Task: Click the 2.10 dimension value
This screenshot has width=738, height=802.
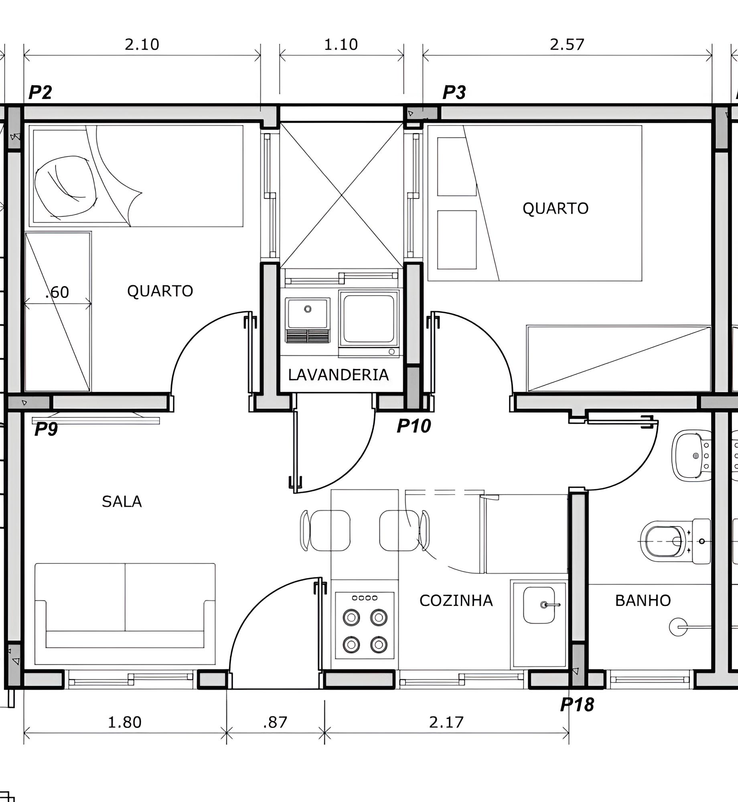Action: tap(142, 44)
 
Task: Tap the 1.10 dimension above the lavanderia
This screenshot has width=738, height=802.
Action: tap(341, 45)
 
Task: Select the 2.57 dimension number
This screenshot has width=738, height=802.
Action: tap(567, 45)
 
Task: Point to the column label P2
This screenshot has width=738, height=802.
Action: tap(41, 93)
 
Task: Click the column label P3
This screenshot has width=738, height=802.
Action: tap(454, 93)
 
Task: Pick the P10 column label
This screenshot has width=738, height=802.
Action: tap(414, 426)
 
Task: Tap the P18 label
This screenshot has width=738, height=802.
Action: tap(577, 705)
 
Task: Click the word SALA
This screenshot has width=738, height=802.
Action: tap(122, 502)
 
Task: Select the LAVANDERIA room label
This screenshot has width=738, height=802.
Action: tap(339, 375)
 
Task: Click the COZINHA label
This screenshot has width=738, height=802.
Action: tap(456, 601)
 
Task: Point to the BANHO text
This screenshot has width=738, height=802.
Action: tap(643, 601)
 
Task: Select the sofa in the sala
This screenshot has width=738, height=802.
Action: tap(125, 614)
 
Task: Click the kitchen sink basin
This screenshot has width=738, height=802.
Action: tap(539, 605)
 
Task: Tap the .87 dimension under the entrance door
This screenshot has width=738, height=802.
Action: tap(276, 723)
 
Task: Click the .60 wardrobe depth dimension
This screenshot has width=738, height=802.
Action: tap(57, 292)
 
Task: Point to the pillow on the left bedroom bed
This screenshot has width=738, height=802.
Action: tap(65, 187)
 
